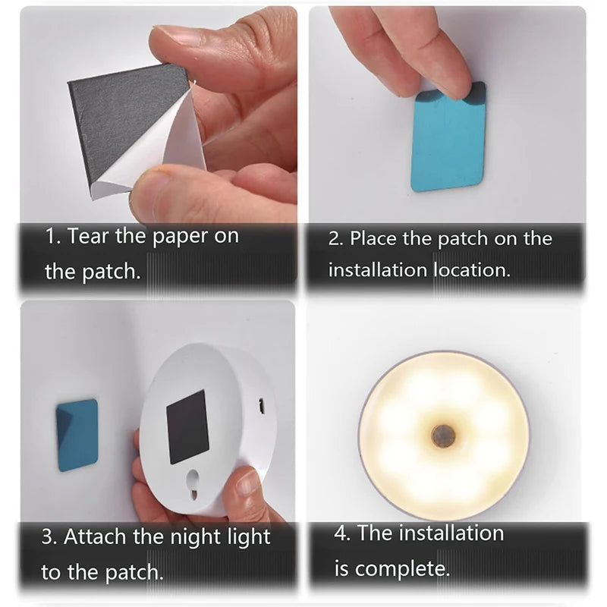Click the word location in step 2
tap(470, 269)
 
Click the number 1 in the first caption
tap(50, 236)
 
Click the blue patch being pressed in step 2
tap(448, 144)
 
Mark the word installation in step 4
tap(451, 533)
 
